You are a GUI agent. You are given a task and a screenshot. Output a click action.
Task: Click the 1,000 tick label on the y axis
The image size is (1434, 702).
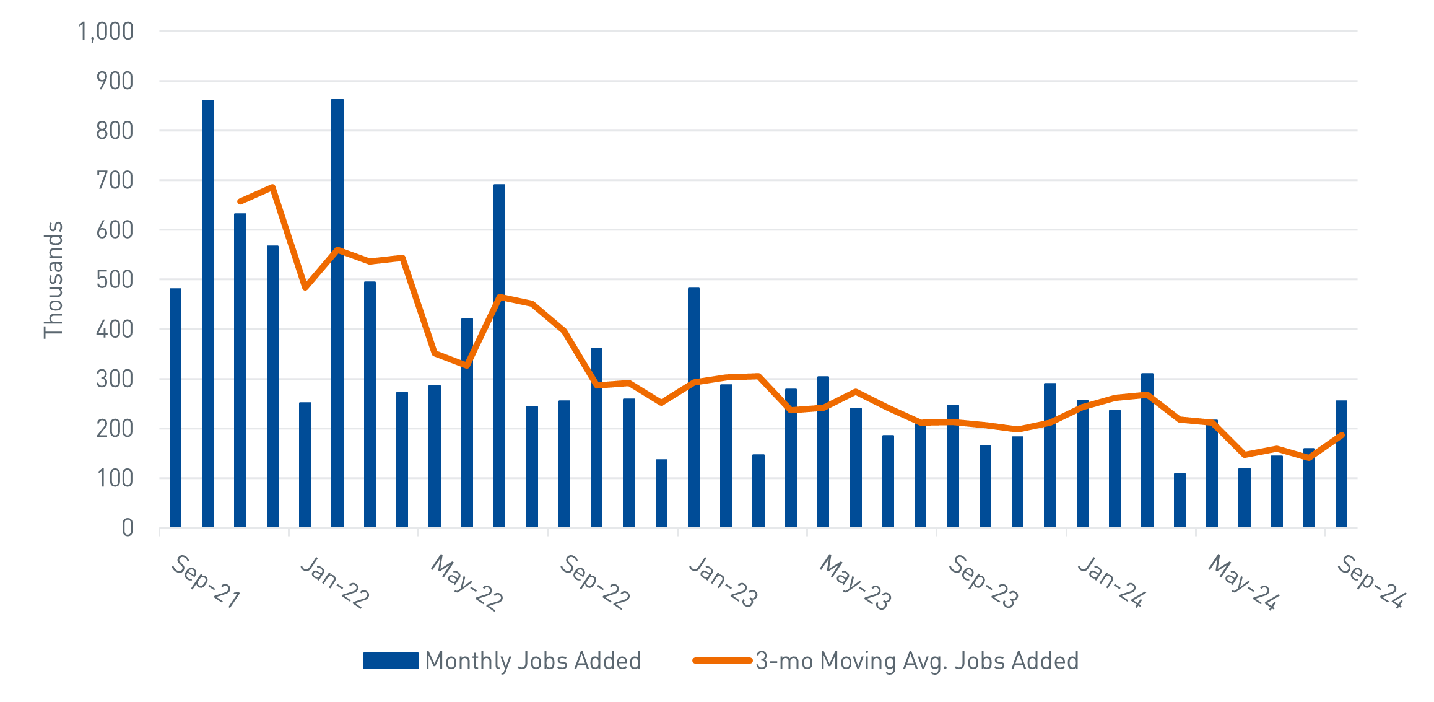pos(106,31)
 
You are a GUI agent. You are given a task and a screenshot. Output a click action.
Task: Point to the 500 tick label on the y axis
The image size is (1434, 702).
pos(115,279)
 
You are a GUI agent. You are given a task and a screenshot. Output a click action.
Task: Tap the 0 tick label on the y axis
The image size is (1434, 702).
pos(128,528)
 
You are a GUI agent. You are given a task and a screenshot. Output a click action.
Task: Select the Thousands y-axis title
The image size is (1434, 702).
pos(53,279)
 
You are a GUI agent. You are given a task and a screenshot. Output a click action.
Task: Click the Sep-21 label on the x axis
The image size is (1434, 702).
pos(205,581)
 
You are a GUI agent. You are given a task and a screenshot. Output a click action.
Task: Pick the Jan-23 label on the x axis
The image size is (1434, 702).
pos(723,581)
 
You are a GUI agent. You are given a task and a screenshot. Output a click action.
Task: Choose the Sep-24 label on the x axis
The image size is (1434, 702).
pos(1371,581)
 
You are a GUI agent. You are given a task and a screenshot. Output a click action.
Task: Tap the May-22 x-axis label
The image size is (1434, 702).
pos(466,582)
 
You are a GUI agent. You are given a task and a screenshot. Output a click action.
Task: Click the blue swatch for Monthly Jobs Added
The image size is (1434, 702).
pos(391,660)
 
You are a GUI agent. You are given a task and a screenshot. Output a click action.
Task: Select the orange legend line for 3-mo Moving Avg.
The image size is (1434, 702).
pos(722,660)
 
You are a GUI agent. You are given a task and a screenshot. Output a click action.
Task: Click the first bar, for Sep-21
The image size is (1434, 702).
pos(175,409)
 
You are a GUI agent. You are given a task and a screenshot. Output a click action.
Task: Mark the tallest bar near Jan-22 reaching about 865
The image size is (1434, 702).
pos(337,310)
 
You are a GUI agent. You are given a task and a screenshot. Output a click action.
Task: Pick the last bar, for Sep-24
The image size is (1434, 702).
pos(1341,465)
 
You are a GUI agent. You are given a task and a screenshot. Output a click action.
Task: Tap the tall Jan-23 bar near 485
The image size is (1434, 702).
pos(693,409)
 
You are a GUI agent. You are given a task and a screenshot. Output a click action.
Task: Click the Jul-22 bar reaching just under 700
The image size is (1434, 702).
pos(499,356)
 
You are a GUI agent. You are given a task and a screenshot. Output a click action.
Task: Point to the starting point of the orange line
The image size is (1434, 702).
pos(240,202)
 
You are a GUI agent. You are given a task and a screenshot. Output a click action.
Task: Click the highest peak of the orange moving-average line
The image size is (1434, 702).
pos(272,186)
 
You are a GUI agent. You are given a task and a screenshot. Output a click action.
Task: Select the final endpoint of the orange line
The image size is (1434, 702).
pos(1342,435)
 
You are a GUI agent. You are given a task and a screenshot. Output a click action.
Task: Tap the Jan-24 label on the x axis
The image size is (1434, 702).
pos(1111,581)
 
